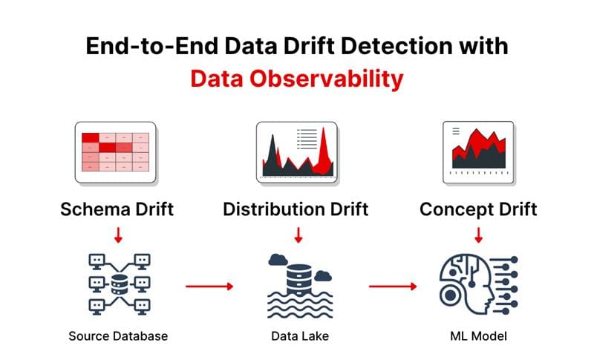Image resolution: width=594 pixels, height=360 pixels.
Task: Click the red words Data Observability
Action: [296, 78]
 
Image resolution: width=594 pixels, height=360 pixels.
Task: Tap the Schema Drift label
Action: [117, 209]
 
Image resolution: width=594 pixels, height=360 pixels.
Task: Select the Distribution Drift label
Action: [296, 209]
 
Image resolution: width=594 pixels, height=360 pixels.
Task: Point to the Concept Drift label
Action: [477, 209]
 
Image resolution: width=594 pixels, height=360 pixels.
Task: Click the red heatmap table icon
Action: [115, 153]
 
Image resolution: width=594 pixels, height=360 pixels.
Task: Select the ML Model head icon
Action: [478, 285]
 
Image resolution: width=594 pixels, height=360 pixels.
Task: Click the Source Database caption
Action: [118, 336]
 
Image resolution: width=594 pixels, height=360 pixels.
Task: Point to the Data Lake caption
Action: [297, 336]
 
